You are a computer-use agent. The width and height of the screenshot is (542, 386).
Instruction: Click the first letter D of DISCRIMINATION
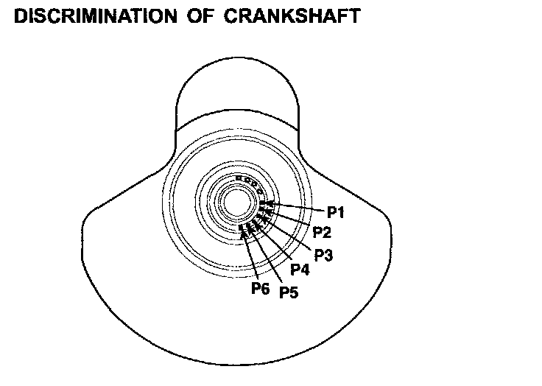tap(21, 15)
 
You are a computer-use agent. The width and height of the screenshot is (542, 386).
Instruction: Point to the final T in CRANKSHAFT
tap(355, 15)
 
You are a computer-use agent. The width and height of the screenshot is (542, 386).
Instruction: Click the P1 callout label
tap(337, 213)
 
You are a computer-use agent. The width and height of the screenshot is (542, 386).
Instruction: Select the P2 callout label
tap(321, 233)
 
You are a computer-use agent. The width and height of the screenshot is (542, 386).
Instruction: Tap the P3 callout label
tap(323, 255)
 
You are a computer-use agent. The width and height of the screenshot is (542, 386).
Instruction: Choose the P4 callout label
tap(300, 270)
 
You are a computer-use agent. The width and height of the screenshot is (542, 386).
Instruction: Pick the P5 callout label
tap(288, 292)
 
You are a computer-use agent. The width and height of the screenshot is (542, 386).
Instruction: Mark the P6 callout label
tap(261, 288)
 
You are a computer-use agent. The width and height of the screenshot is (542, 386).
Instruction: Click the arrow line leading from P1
tap(298, 207)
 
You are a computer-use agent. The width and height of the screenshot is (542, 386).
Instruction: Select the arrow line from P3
tap(291, 234)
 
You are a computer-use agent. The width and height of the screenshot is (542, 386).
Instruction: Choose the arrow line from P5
tap(269, 258)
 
